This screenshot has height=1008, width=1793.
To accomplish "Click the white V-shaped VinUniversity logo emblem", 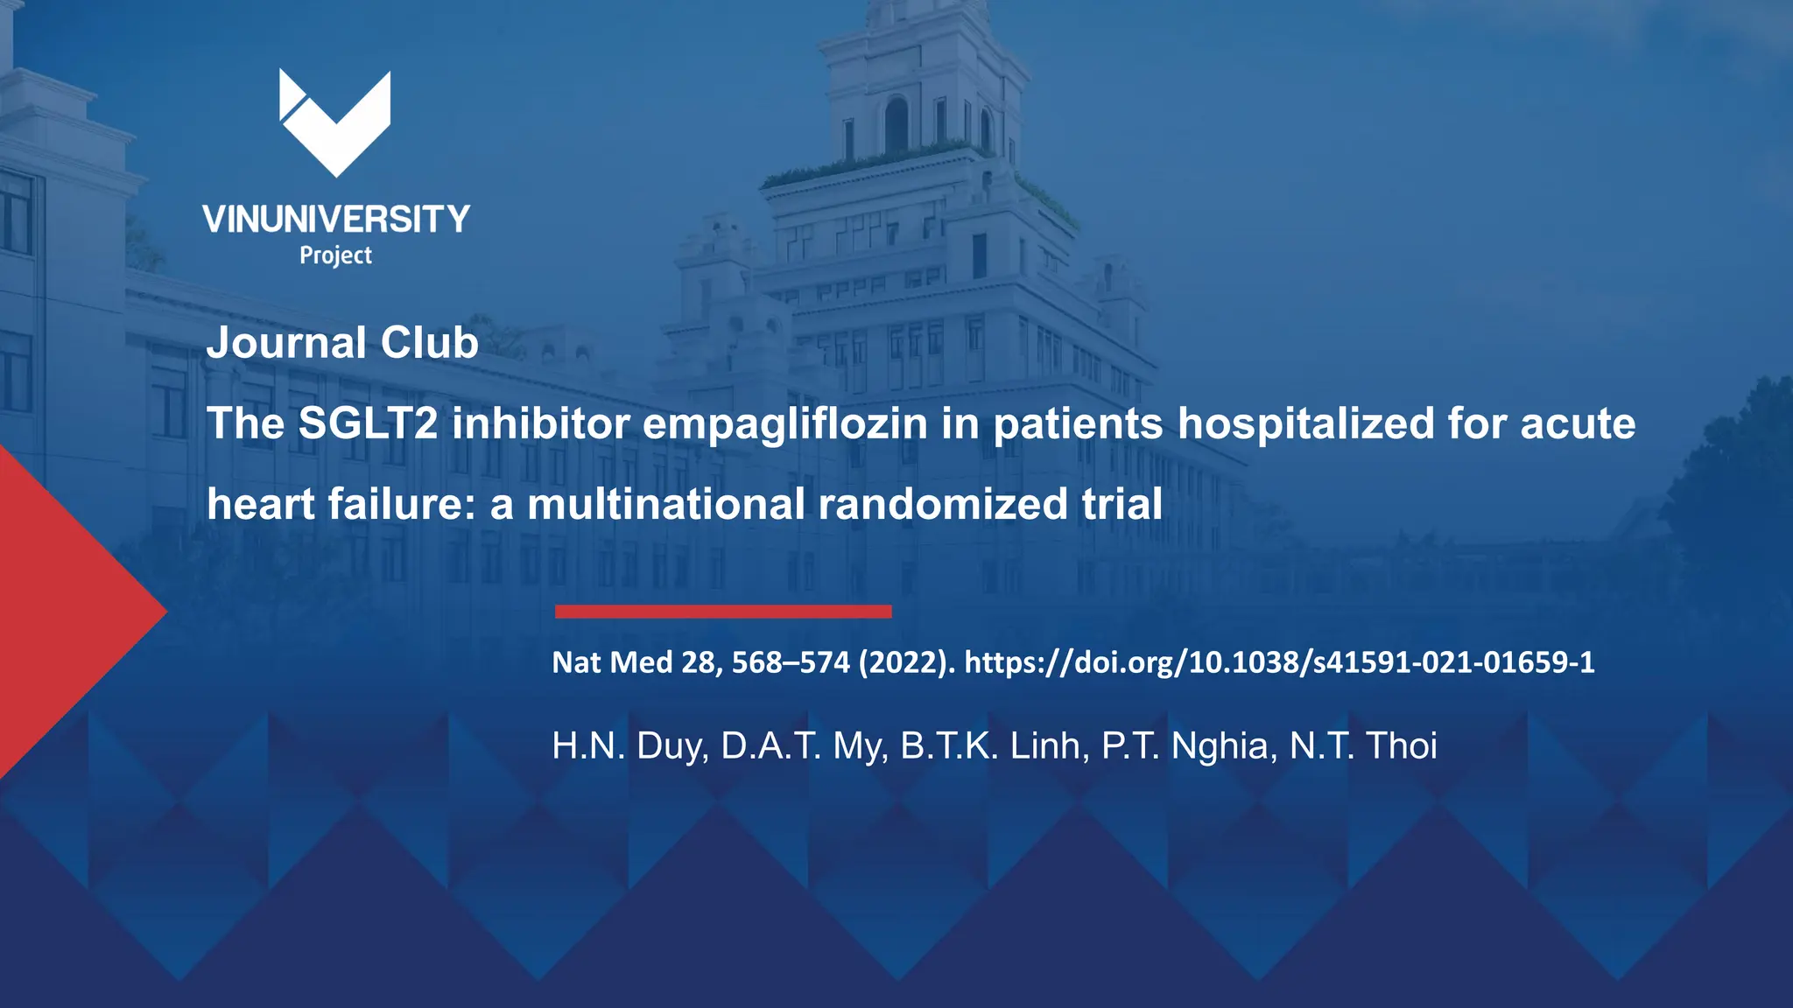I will point(335,122).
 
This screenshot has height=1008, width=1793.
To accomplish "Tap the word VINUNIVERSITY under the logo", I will point(336,220).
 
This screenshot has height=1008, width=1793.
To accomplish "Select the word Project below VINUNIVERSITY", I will point(336,255).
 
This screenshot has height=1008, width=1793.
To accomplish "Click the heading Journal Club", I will point(342,342).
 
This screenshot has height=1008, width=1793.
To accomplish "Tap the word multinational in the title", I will point(665,505).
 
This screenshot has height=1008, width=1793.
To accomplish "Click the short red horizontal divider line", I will point(723,612).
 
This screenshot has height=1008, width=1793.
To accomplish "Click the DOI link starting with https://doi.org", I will point(1279,662).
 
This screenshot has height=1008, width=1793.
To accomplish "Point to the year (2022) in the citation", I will point(907,662).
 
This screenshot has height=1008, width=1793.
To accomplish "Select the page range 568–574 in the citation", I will point(791,662).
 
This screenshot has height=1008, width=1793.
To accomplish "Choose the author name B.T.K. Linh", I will point(995,746).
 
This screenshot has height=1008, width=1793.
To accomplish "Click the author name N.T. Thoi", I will point(1363,746).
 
